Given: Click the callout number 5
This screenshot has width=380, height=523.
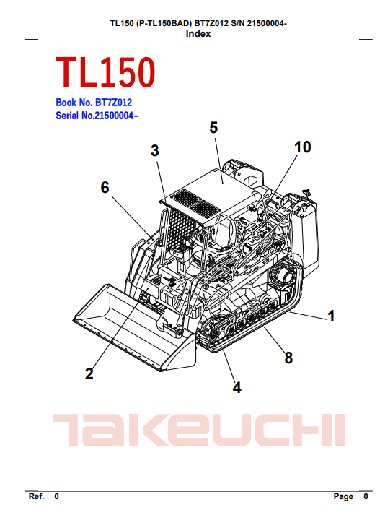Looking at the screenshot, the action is (x=213, y=128).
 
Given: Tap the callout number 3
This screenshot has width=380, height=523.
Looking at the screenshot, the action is (x=154, y=151).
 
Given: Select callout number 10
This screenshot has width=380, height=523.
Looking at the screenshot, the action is (x=302, y=147).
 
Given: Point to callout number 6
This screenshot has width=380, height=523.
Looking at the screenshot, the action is (x=105, y=187).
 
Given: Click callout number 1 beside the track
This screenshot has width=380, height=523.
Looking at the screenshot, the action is (x=331, y=316).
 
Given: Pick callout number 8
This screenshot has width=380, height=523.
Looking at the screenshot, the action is (x=288, y=358).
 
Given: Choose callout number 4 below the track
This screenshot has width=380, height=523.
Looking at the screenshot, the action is (x=237, y=388).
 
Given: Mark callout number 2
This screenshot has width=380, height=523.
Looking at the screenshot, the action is (x=89, y=373).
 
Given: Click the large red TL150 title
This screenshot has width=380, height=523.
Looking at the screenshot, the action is (x=105, y=72).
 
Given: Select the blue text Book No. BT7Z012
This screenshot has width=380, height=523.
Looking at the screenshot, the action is (x=94, y=103).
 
